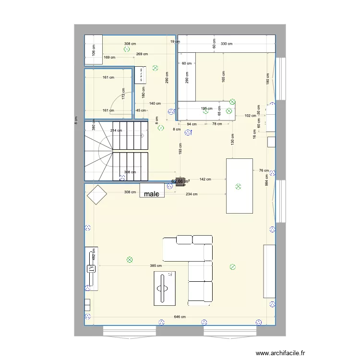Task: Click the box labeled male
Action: [x=152, y=191]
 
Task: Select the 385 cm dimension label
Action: [x=156, y=266]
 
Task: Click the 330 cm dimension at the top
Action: [x=227, y=44]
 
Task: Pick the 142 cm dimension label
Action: [x=205, y=180]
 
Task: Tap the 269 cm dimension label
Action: [x=142, y=54]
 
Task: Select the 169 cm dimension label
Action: [x=109, y=58]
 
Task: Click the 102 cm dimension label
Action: [x=250, y=116]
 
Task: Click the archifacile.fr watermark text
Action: [x=280, y=353]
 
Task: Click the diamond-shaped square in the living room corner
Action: [x=96, y=194]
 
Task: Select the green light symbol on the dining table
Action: [x=239, y=187]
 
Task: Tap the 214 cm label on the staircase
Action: [x=116, y=131]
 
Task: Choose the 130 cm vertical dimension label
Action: [x=233, y=139]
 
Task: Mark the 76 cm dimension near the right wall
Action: [x=264, y=170]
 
